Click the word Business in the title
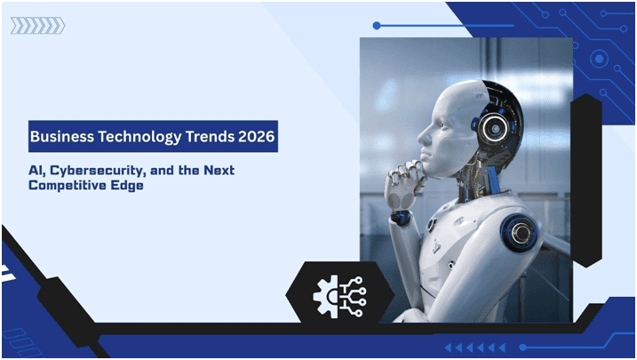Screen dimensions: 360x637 tap(60, 138)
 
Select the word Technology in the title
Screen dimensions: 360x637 tap(133, 138)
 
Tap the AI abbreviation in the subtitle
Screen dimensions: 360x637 tap(36, 170)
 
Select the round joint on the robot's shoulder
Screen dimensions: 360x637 tap(522, 233)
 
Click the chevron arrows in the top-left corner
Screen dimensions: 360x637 tap(36, 26)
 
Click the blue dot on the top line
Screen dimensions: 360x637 tap(377, 26)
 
